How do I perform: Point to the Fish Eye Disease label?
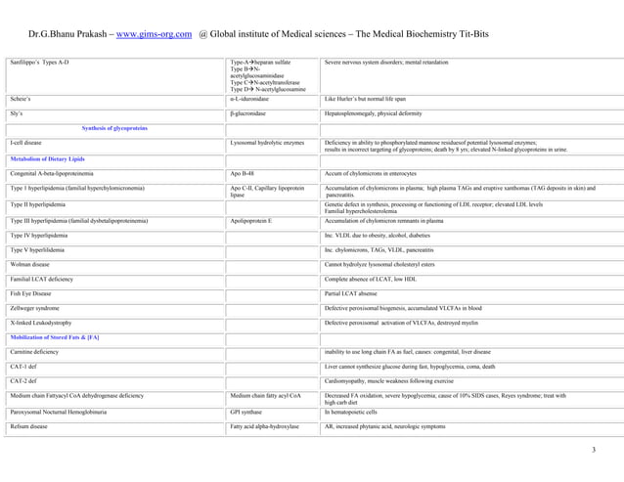tap(34, 294)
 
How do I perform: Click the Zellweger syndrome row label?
tap(38, 309)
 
